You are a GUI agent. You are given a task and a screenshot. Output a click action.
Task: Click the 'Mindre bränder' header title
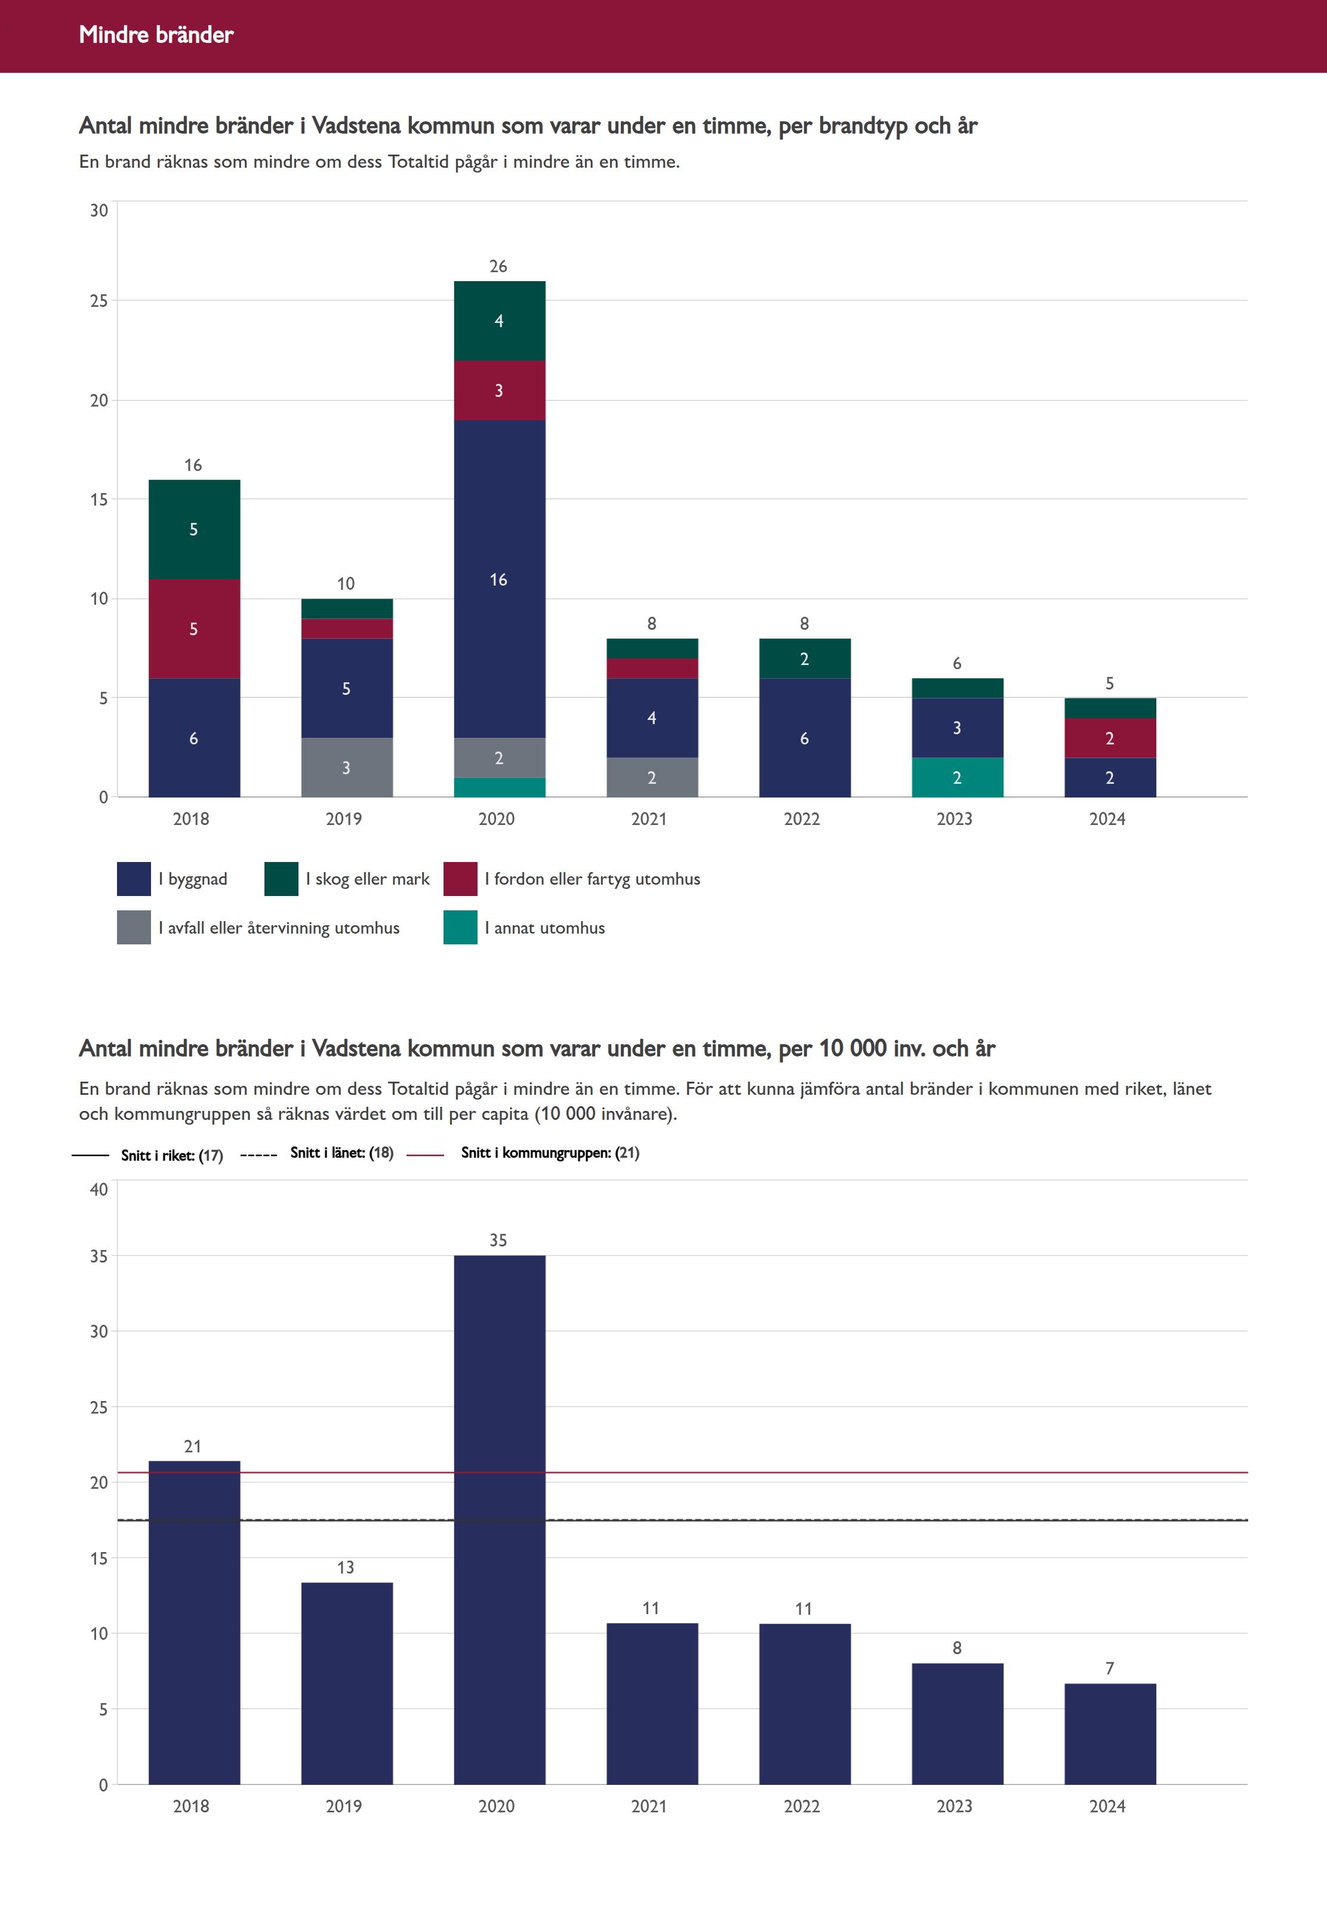coord(156,35)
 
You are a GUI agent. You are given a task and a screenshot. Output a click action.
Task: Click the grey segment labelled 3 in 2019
coord(347,767)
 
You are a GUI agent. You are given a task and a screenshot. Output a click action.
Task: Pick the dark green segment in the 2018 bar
coord(195,529)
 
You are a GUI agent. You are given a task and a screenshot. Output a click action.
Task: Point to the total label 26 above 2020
coord(498,266)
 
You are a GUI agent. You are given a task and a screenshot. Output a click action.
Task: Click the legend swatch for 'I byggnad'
coord(134,879)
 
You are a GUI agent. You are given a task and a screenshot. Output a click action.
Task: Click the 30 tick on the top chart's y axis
coord(99,210)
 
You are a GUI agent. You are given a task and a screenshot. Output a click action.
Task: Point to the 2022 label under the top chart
coord(802,819)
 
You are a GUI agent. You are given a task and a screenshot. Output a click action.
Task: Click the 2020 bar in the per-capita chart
coord(500,1520)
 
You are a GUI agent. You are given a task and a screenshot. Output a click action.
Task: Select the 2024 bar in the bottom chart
coord(1110,1734)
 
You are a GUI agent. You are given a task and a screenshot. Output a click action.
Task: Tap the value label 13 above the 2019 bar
coord(346,1567)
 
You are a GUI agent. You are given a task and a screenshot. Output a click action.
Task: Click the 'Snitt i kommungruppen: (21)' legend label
coord(550,1152)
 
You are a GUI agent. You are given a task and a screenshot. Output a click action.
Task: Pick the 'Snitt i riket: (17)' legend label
coord(172,1155)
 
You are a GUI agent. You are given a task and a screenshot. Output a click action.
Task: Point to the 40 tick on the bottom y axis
coord(99,1189)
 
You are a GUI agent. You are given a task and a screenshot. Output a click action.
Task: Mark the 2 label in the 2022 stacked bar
coord(804,659)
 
